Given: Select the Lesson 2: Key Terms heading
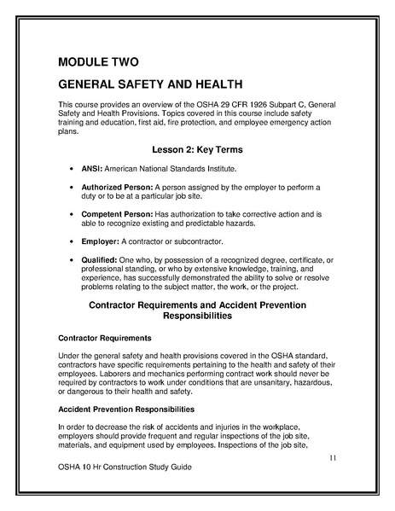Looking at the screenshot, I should click(198, 150).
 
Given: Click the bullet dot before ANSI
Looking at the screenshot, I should click(69, 169).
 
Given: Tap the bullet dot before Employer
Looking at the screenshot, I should click(69, 242).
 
